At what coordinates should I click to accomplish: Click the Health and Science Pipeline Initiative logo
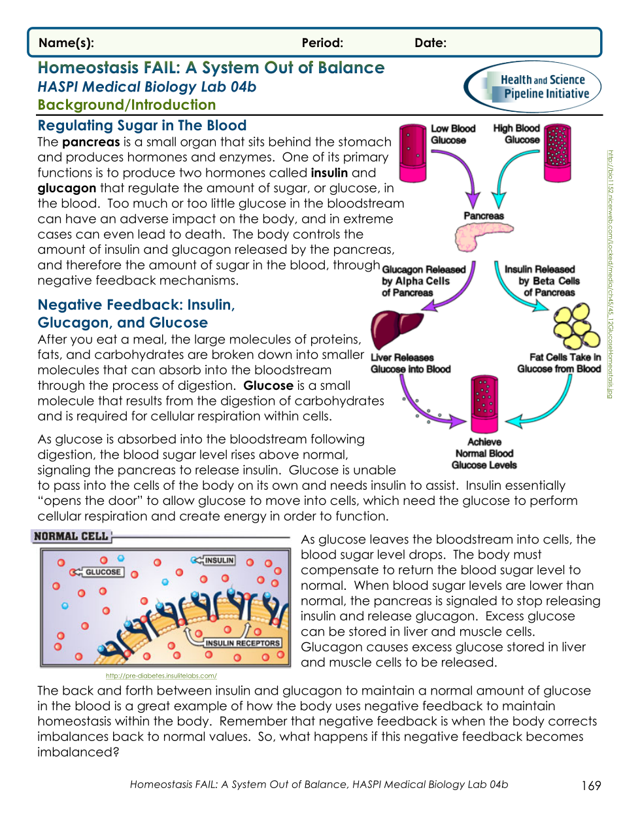point(533,87)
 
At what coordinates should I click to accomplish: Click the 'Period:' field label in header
point(322,43)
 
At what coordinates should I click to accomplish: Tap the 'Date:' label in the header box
point(430,43)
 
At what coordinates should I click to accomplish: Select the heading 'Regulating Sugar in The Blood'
point(142,126)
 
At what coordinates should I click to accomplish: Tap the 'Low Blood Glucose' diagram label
point(452,134)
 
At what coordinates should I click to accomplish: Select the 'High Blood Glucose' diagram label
point(516,134)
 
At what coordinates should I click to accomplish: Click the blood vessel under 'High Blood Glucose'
point(558,153)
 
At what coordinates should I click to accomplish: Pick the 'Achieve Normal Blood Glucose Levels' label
point(484,454)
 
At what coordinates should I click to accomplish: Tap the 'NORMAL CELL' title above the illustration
point(71,536)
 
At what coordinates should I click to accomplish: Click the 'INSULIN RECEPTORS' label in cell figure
point(242,643)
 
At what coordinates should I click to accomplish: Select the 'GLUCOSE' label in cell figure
point(103,572)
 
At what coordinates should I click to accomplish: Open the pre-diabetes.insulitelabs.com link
point(161,676)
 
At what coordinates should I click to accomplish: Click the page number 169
point(590,785)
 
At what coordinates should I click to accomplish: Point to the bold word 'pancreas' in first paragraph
point(91,142)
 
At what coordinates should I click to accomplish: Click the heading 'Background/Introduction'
point(126,105)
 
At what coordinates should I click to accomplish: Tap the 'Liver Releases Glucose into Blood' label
point(410,364)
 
